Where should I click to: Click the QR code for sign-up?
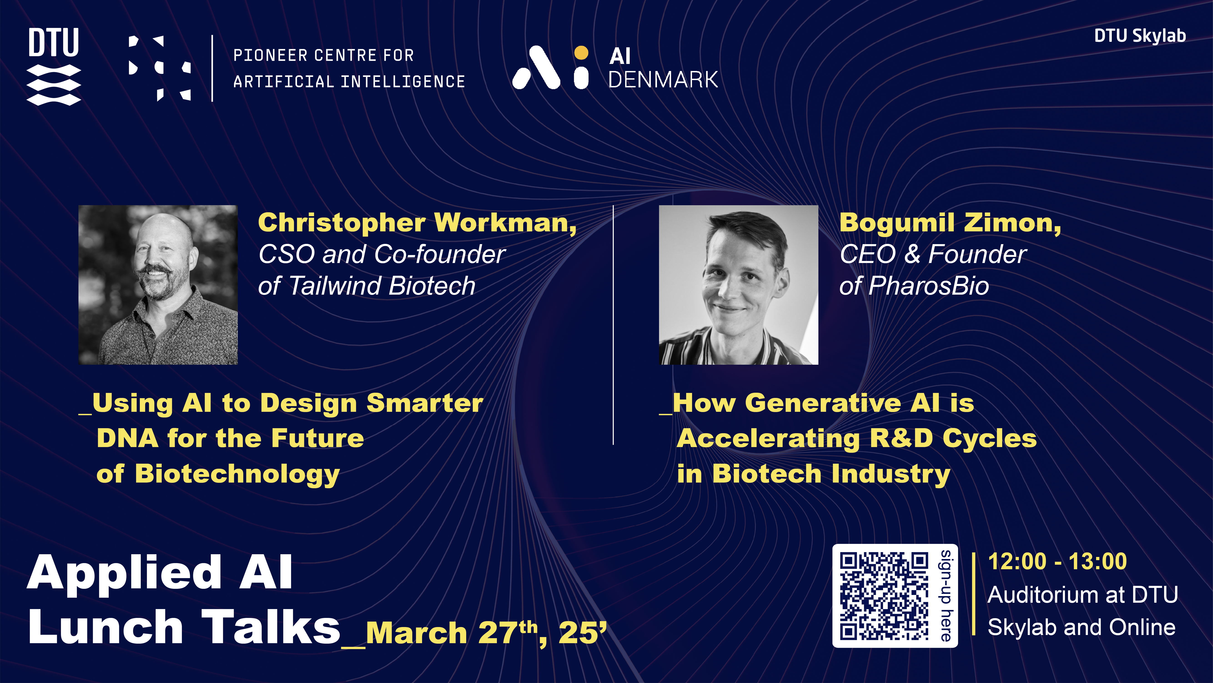(x=884, y=596)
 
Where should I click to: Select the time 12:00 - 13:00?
(x=1057, y=562)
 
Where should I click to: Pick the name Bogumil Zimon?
(x=950, y=223)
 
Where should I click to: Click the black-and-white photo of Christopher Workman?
(x=158, y=285)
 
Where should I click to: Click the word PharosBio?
(x=929, y=286)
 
